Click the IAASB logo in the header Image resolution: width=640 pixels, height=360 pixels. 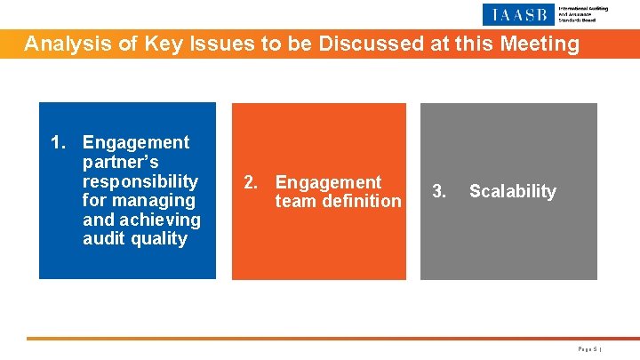point(519,14)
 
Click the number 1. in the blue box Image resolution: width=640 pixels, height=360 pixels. point(60,142)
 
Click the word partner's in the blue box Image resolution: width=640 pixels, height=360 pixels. point(120,162)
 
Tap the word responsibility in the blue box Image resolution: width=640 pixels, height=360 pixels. point(140,181)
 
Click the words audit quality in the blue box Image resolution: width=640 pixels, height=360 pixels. point(134,239)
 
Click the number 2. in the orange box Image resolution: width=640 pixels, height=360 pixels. point(252,182)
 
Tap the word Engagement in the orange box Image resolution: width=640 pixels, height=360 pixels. point(328,182)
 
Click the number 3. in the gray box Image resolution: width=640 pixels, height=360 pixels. point(438,191)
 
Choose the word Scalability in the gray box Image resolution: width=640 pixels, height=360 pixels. point(512,191)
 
